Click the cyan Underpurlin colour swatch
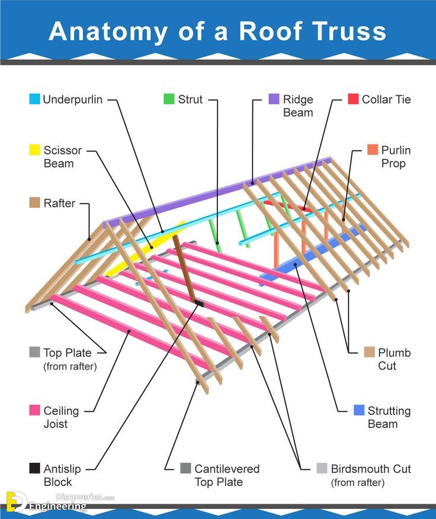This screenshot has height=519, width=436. (34, 99)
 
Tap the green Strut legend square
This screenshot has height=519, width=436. (169, 99)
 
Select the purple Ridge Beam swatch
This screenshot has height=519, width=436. (274, 99)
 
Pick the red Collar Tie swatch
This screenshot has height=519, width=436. (353, 99)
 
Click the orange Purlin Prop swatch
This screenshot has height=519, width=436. (372, 150)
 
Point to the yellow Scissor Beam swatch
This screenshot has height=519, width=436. (34, 150)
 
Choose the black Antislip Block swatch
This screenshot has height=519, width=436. (34, 469)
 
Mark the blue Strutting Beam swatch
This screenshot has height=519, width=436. (358, 411)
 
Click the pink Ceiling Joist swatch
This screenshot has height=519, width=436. (34, 411)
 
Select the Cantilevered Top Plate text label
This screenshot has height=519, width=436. (227, 475)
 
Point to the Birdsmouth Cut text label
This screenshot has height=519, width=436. (371, 469)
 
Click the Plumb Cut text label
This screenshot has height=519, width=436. (394, 359)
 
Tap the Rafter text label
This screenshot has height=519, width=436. (59, 203)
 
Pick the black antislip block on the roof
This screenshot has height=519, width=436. (198, 304)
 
